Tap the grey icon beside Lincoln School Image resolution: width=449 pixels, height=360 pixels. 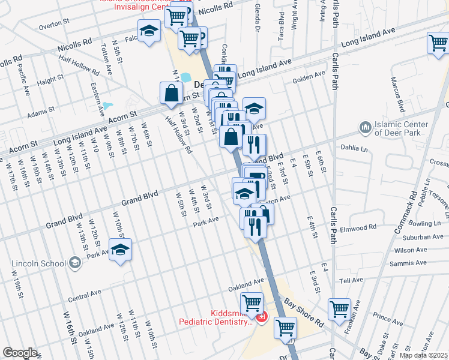tap(74, 262)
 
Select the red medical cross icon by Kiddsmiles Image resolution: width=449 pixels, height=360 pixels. tap(261, 317)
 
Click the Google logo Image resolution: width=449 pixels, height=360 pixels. tap(20, 353)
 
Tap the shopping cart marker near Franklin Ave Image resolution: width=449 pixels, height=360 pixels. tap(339, 309)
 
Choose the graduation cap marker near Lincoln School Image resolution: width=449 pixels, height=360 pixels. tap(120, 249)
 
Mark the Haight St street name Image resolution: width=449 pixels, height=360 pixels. tap(50, 80)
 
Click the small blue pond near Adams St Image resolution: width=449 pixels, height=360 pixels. tap(108, 106)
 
